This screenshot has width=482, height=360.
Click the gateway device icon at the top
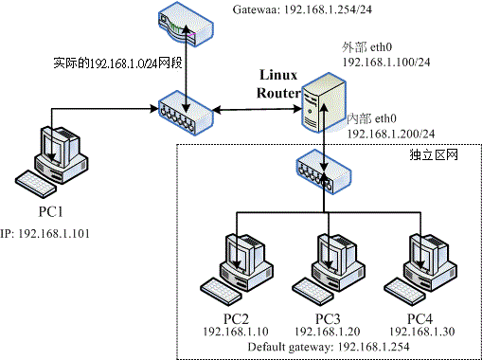pos(187,27)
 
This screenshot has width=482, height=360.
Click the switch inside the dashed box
pos(321,171)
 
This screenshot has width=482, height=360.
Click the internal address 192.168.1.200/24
pos(390,134)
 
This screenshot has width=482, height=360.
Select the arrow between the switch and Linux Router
pos(255,112)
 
